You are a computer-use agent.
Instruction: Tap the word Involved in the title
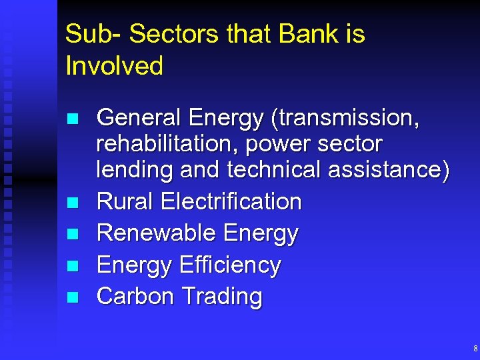tap(114, 65)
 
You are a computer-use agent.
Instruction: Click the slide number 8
tap(475, 349)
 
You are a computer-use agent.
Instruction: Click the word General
tap(139, 118)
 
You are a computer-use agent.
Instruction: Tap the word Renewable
tap(156, 233)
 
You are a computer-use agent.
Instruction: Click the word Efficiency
tap(229, 265)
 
